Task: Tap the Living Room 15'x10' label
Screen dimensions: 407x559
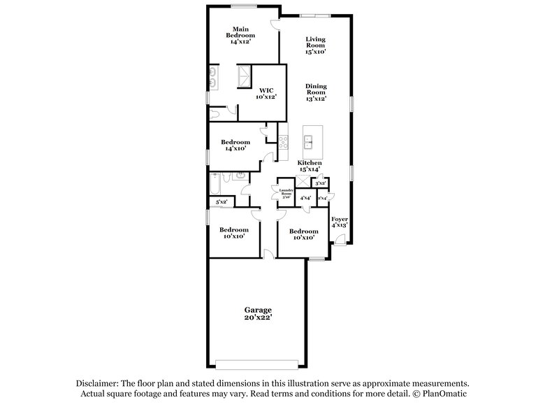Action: click(x=316, y=45)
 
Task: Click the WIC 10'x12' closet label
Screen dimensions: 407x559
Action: click(x=266, y=93)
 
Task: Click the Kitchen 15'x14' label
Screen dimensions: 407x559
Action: click(x=310, y=166)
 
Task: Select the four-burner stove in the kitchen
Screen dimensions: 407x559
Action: click(x=284, y=142)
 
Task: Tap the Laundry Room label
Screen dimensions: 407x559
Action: click(x=285, y=194)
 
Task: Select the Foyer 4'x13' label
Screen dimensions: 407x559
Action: click(x=339, y=222)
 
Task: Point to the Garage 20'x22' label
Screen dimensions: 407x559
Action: click(x=257, y=313)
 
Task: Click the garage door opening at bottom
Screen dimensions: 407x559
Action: click(x=257, y=364)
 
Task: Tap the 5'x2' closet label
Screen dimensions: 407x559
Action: click(x=222, y=202)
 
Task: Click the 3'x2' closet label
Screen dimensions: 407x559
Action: click(x=321, y=184)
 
